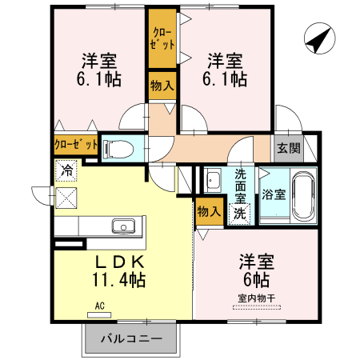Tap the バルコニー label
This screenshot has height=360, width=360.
click(131, 338)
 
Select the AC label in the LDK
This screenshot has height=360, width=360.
click(100, 306)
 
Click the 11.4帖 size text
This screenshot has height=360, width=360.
click(119, 280)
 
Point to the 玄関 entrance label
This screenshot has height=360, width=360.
click(288, 147)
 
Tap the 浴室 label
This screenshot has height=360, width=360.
click(274, 194)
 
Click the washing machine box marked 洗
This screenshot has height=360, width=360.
click(239, 214)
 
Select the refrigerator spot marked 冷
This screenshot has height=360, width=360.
click(67, 170)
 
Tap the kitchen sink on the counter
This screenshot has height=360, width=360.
click(124, 225)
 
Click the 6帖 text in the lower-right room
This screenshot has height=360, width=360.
click(255, 280)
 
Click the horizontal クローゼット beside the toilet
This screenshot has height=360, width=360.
click(76, 146)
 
